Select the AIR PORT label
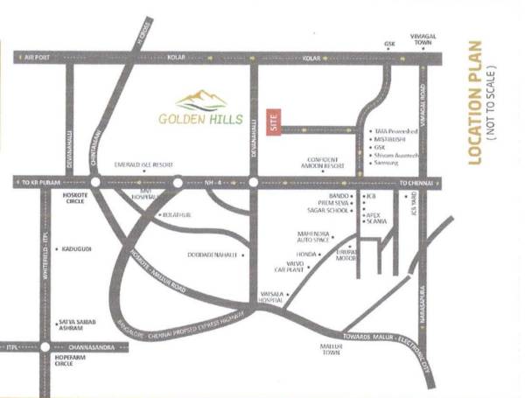pos(38,58)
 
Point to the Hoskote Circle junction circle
pos(94,183)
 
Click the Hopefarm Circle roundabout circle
pos(45,347)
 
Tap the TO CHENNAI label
pos(416,183)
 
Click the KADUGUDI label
pos(78,249)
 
